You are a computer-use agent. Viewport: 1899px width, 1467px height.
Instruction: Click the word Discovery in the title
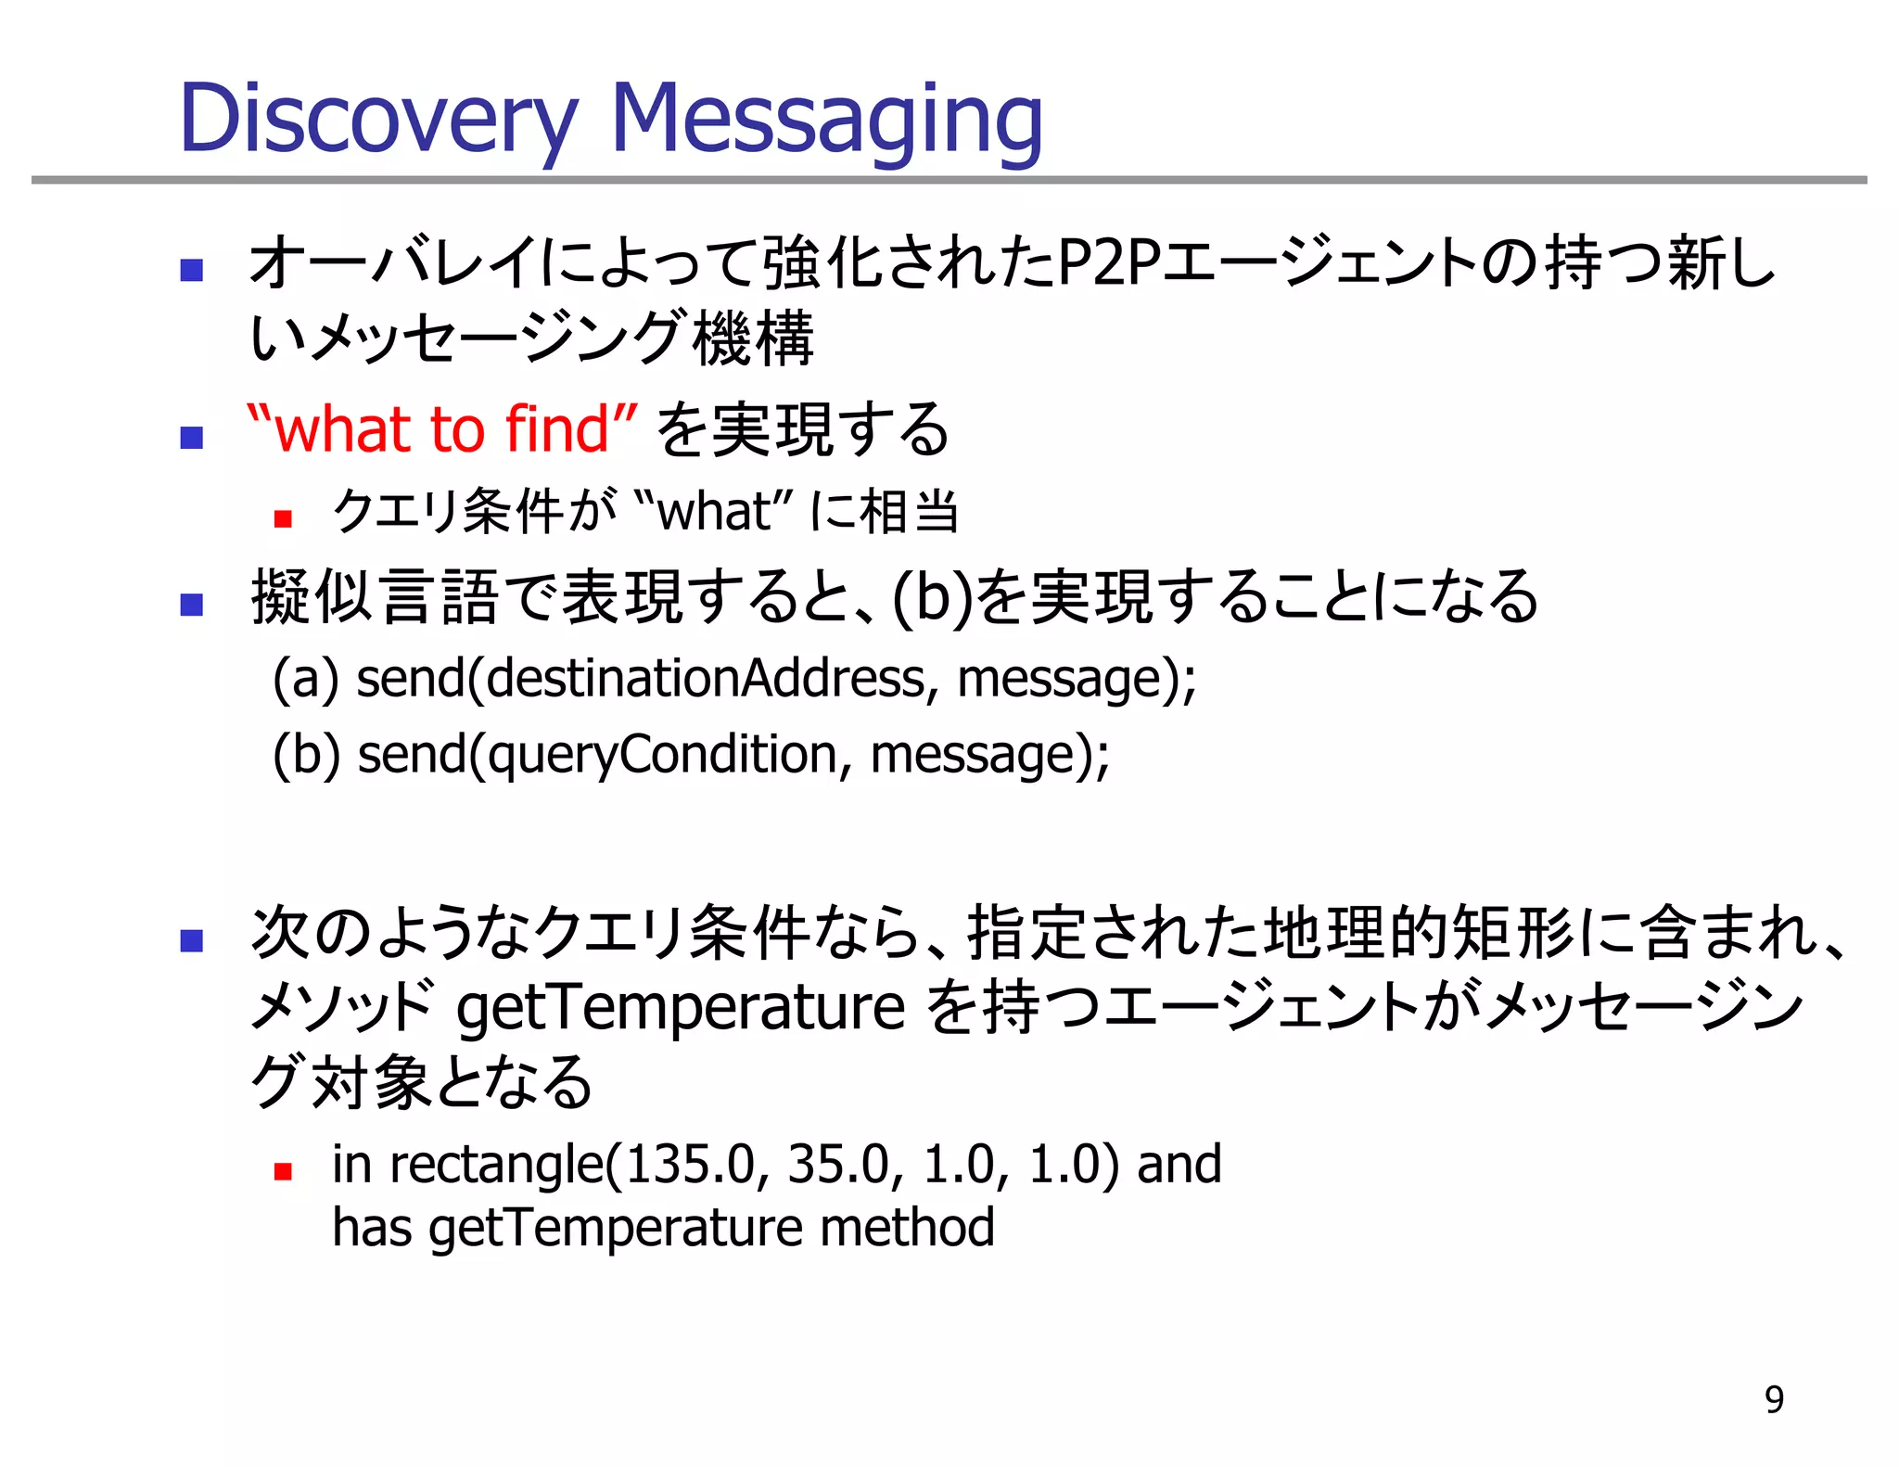[x=378, y=121]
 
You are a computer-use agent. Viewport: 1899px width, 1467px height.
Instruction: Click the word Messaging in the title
[x=826, y=121]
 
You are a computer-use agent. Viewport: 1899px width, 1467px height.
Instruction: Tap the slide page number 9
[x=1774, y=1399]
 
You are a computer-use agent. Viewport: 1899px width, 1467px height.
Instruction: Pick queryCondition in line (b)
[x=663, y=754]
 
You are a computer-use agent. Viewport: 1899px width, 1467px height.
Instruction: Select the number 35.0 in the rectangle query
[x=838, y=1164]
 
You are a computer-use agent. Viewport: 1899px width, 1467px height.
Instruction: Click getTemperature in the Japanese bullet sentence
[x=680, y=1008]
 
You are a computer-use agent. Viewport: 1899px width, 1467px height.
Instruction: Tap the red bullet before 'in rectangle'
[x=284, y=1171]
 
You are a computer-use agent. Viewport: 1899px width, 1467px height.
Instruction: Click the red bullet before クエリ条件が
[x=284, y=518]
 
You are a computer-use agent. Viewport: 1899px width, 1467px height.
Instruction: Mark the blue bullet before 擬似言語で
[x=192, y=605]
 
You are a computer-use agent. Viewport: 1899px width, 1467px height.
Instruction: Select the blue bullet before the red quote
[x=192, y=437]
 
